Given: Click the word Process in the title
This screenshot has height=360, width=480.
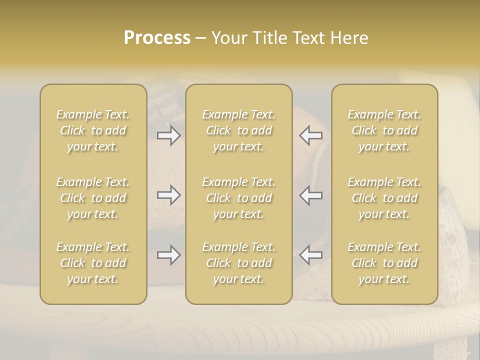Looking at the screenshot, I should click(157, 38).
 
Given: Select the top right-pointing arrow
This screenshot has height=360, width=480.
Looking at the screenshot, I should click(169, 135).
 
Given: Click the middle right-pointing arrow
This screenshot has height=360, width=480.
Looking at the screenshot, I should click(169, 195).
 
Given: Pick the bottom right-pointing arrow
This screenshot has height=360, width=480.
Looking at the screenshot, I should click(169, 255).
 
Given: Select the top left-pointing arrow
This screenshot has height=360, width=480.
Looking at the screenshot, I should click(311, 135).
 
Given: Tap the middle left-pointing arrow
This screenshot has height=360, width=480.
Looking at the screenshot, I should click(311, 195).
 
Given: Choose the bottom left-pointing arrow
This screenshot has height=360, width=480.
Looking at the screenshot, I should click(311, 255).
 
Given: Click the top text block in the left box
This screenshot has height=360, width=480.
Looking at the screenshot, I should click(93, 130).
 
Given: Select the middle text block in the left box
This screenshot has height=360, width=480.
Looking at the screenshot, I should click(93, 198).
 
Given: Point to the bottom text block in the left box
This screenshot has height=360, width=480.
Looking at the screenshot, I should click(93, 263).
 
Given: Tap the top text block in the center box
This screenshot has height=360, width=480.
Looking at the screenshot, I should click(239, 130).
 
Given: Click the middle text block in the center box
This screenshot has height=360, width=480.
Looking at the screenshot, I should click(239, 198).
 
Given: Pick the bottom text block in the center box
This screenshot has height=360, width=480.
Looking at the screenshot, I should click(239, 263).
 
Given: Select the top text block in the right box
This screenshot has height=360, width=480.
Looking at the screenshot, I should click(384, 130).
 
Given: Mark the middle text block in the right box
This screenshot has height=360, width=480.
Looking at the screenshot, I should click(384, 198).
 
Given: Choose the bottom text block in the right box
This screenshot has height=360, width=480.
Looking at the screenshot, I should click(384, 263).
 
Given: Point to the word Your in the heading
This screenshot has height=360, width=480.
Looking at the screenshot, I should click(228, 38).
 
